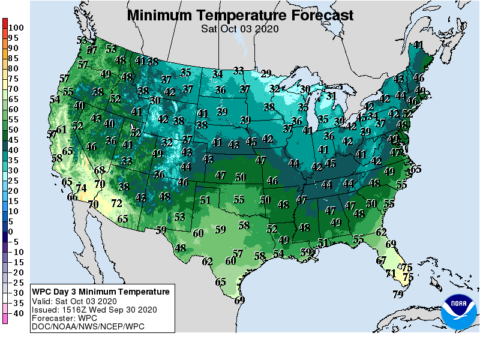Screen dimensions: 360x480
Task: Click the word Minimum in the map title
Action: [164, 15]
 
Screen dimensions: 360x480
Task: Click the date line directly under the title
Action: [239, 28]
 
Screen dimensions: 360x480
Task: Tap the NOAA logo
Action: [458, 310]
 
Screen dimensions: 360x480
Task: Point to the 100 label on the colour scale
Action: [16, 28]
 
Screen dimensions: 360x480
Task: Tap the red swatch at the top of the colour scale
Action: [5, 24]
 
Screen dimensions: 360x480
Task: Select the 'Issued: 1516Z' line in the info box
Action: [94, 310]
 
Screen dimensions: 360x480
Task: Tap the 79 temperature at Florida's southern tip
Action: [397, 294]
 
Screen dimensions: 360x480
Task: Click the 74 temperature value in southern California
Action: [82, 188]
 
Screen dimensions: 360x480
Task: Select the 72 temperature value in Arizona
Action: [116, 203]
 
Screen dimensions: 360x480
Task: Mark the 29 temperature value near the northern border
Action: [266, 73]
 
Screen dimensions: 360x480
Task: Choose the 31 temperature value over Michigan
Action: [331, 96]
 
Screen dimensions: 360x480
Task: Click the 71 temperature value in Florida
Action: [390, 274]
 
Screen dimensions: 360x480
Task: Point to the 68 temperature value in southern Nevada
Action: [99, 170]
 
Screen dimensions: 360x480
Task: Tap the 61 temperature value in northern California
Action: [61, 130]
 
